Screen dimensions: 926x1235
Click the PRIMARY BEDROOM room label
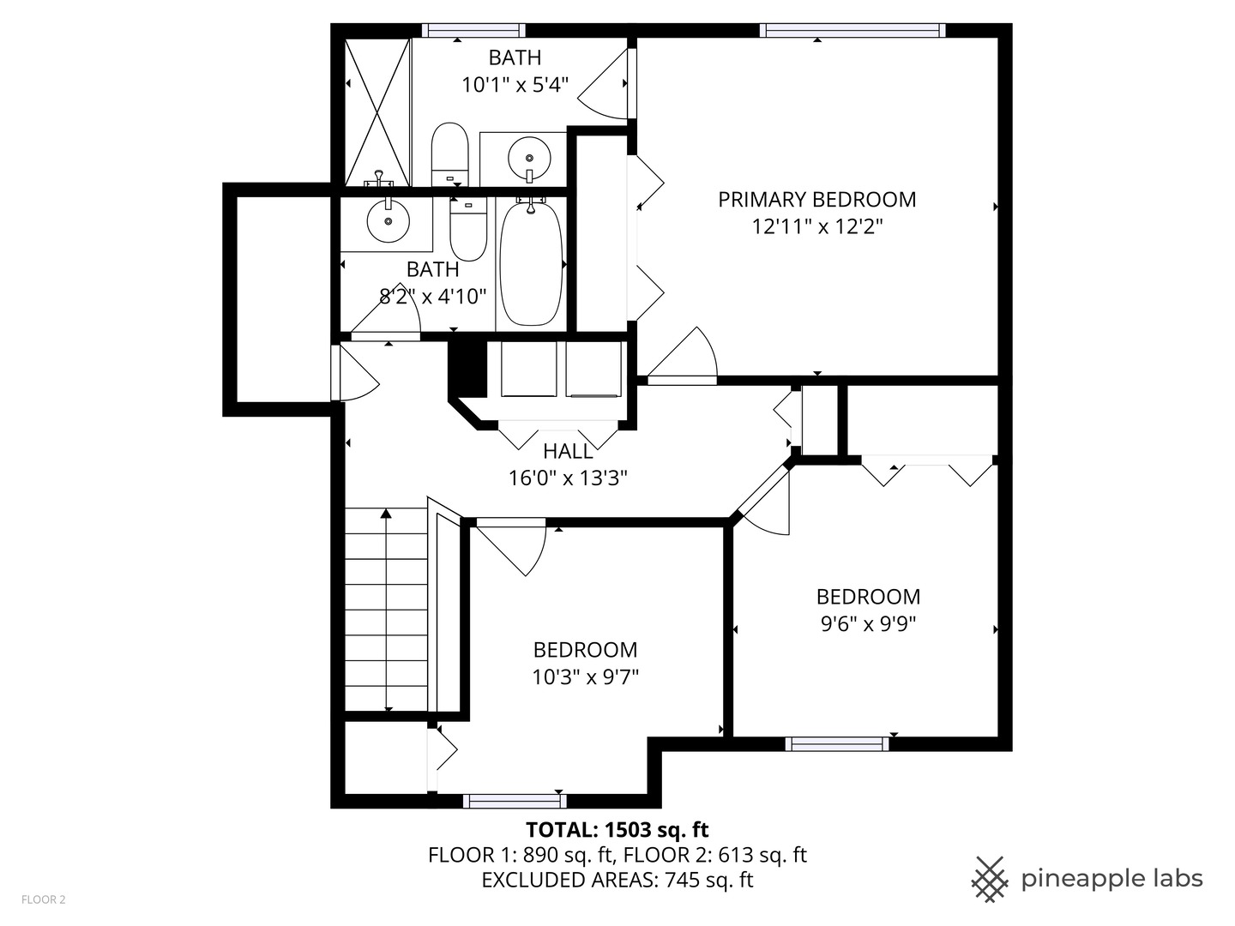(x=816, y=199)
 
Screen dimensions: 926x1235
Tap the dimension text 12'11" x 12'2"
(x=816, y=227)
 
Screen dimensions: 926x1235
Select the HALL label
(x=568, y=451)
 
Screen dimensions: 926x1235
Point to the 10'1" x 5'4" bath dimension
(x=515, y=85)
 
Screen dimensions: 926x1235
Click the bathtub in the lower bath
(x=531, y=263)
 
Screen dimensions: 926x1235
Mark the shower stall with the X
(x=377, y=111)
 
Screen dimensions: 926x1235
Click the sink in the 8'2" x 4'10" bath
(x=388, y=221)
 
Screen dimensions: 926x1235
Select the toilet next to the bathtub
(x=468, y=230)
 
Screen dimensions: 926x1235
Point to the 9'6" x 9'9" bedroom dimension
(x=868, y=624)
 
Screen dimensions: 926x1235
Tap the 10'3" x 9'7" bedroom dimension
(x=585, y=677)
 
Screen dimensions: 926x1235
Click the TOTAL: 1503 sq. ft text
(x=617, y=829)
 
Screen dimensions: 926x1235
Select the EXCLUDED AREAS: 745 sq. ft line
(x=617, y=880)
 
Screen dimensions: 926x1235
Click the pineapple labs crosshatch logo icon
(x=989, y=879)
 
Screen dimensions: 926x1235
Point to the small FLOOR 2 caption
(x=43, y=899)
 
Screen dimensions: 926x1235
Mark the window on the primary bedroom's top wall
(x=852, y=31)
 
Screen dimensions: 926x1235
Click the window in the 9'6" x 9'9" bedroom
(x=836, y=743)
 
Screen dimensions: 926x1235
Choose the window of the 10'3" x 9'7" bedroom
(x=515, y=801)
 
